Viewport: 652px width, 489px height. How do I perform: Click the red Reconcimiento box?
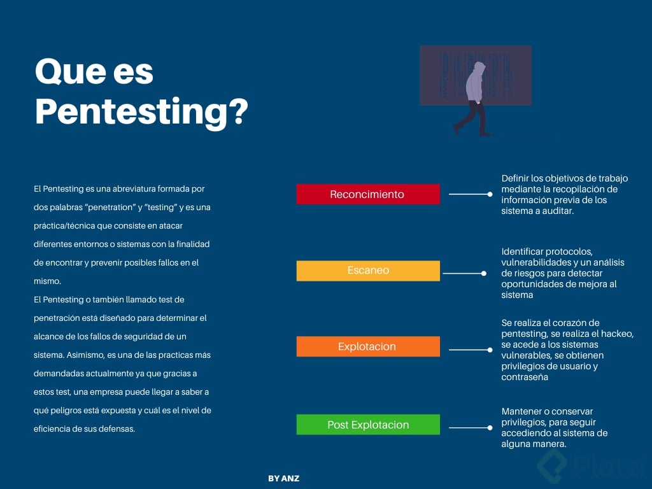368,194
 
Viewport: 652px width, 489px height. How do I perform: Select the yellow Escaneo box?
368,271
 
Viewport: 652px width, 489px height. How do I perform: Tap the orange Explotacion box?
368,346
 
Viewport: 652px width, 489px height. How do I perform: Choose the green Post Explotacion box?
368,425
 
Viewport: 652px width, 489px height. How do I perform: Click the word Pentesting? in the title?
141,110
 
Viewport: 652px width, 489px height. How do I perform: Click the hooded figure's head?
479,68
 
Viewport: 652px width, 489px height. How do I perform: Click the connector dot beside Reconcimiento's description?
490,194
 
